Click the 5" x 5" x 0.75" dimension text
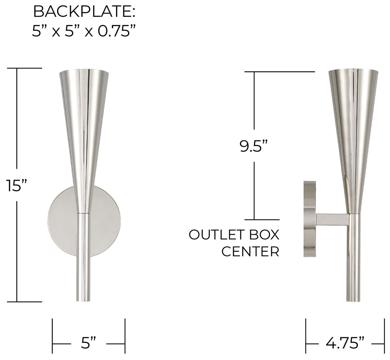83,31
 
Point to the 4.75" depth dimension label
345,342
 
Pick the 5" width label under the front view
89,342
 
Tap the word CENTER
250,252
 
